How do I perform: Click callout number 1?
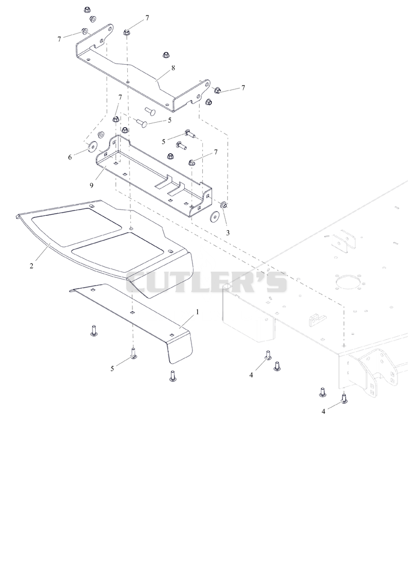coord(197,312)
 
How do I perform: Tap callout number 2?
coord(32,266)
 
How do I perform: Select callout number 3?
coord(228,233)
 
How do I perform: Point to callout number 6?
coord(70,157)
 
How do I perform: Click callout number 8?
coord(173,68)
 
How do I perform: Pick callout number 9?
coord(92,185)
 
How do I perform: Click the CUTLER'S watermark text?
coord(206,281)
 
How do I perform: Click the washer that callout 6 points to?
coord(92,146)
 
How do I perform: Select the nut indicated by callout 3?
coord(224,205)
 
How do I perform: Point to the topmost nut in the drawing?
coord(87,9)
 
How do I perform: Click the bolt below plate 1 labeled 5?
coord(134,353)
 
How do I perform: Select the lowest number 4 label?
coord(323,411)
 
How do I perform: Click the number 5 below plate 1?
coord(112,368)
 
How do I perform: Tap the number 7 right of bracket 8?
coord(243,87)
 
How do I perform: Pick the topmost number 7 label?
coord(147,18)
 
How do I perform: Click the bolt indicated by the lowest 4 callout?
coord(344,398)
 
